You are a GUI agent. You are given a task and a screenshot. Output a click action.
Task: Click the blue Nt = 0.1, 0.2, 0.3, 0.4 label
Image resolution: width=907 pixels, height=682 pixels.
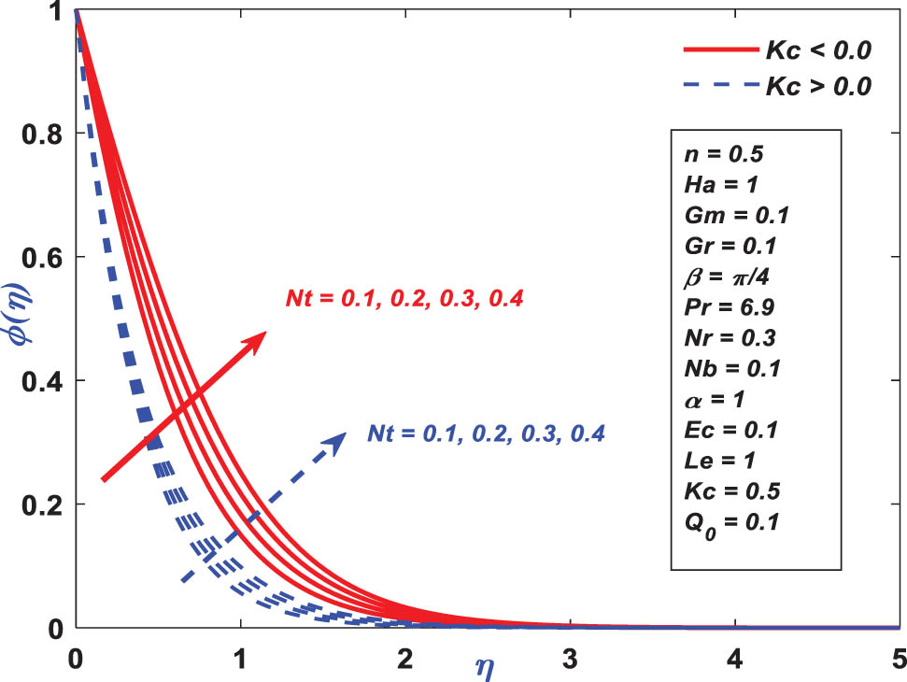coord(487,433)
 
